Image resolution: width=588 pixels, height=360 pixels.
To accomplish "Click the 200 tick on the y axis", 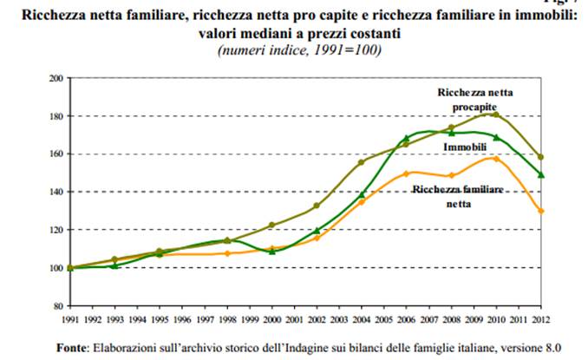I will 56,78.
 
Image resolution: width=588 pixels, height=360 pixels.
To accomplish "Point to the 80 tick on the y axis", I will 59,305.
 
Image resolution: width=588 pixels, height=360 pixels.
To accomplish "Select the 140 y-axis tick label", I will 56,192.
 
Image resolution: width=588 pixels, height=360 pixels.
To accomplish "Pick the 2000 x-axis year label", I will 271,319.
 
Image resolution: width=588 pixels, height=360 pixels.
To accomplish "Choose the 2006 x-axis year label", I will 406,319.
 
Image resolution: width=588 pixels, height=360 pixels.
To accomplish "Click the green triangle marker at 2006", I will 405,138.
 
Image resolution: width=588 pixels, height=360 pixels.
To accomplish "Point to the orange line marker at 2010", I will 495,158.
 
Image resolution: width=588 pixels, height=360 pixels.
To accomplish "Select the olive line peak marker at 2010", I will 495,114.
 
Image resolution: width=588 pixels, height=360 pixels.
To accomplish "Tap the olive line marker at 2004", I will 361,162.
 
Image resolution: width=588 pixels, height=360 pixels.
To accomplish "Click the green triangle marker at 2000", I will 271,252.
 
